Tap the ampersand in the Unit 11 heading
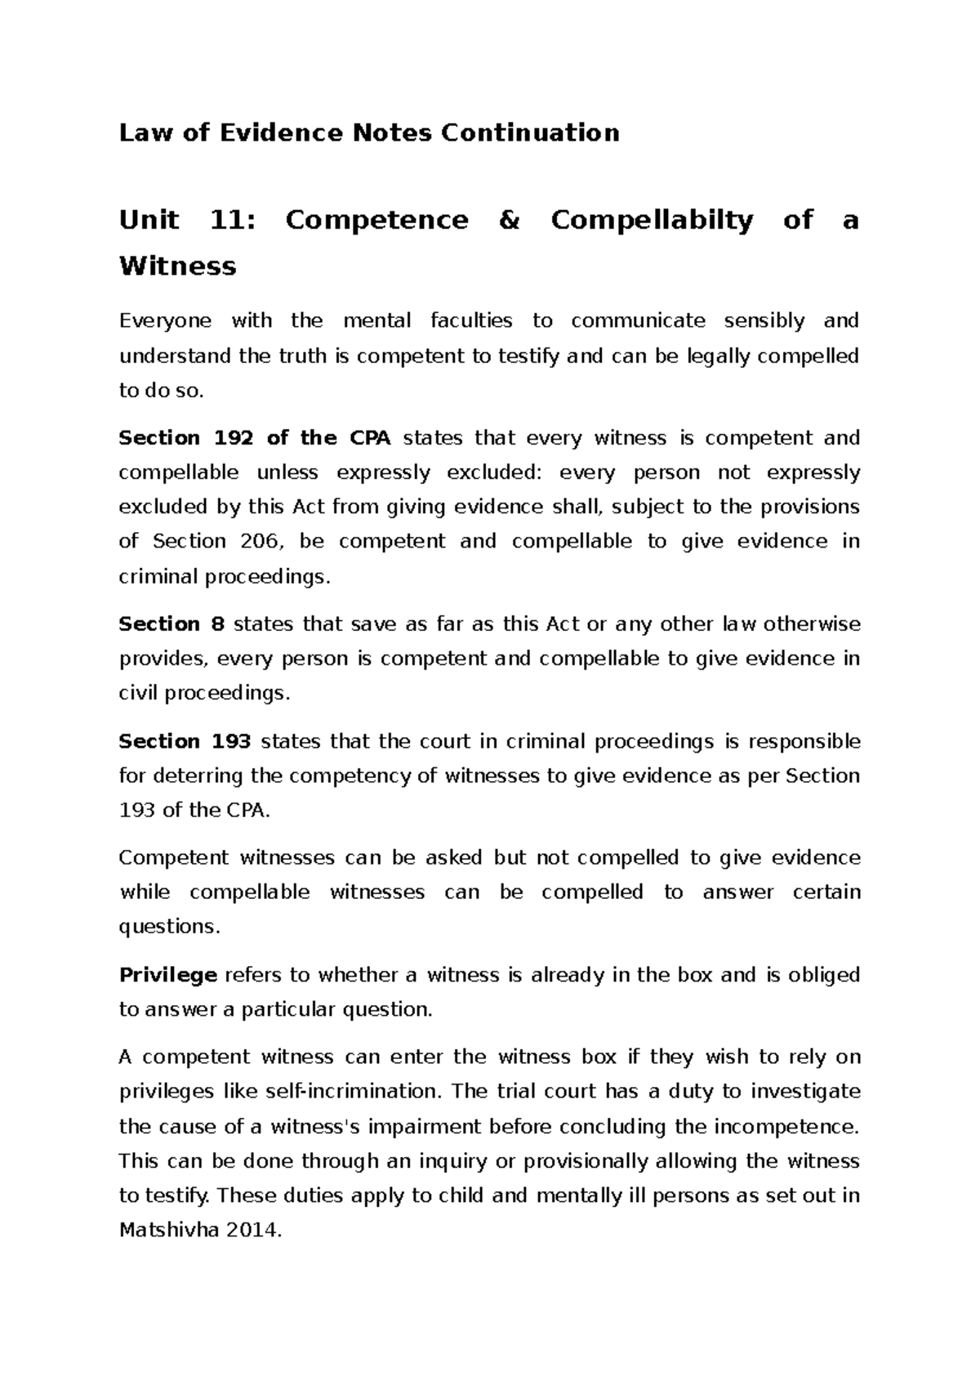click(508, 220)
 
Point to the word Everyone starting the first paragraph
click(165, 321)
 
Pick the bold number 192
click(233, 438)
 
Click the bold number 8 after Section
click(217, 624)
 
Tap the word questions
click(169, 927)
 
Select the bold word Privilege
click(167, 975)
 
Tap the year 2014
click(254, 1231)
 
